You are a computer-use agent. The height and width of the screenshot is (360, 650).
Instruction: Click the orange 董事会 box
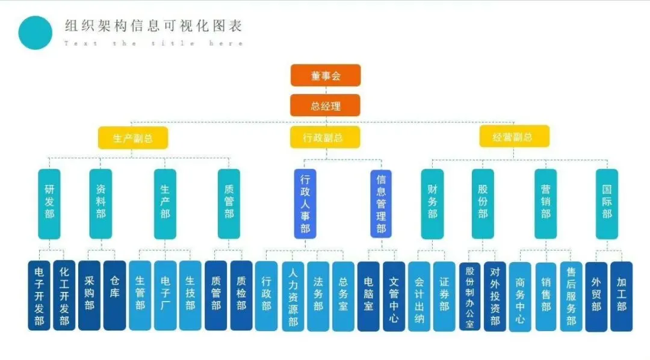[x=326, y=76]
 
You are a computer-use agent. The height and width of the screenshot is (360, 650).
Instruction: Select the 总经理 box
[x=326, y=106]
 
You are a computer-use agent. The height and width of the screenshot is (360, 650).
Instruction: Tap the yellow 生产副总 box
[x=133, y=138]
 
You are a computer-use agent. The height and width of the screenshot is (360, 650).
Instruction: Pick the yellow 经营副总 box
[x=514, y=137]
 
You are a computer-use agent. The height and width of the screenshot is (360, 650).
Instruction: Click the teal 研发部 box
[x=49, y=203]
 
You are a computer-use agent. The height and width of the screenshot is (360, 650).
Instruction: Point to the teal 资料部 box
[x=101, y=203]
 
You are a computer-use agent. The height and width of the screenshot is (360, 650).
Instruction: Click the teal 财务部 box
[x=432, y=203]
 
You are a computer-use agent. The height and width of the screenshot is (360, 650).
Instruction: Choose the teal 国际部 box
[x=607, y=203]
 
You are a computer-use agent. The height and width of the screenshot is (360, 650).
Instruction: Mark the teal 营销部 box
[x=545, y=203]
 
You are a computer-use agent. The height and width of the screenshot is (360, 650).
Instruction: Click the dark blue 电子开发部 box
[x=39, y=296]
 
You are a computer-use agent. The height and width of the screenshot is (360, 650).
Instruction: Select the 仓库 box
[x=114, y=296]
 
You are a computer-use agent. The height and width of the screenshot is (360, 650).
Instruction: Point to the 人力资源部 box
[x=293, y=296]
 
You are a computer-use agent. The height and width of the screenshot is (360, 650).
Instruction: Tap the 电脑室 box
[x=368, y=296]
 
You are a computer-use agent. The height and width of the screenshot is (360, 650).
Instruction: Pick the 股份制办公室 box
[x=469, y=296]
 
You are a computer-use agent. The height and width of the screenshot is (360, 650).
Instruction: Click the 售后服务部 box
[x=571, y=296]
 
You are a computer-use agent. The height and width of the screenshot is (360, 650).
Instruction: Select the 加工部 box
[x=622, y=296]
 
